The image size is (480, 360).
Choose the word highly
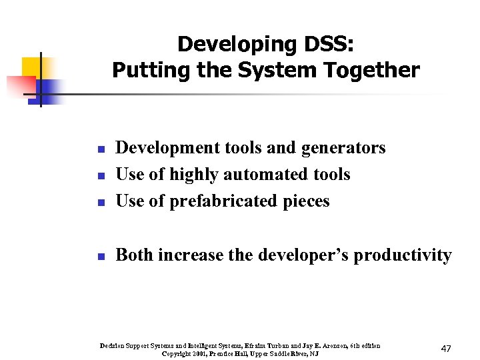click(x=194, y=175)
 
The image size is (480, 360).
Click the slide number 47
click(x=447, y=349)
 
